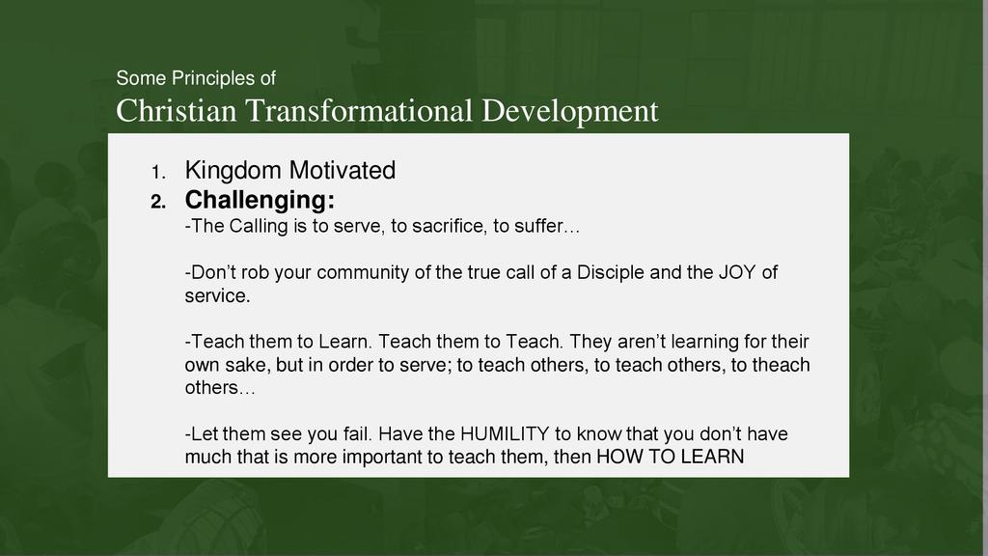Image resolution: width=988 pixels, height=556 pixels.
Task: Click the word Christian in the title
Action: [177, 111]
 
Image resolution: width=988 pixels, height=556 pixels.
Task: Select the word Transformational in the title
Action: [359, 111]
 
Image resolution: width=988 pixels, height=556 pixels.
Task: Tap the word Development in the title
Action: [570, 112]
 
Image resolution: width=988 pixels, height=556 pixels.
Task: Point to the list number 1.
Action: [159, 172]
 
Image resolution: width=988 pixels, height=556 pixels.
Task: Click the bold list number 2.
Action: [159, 202]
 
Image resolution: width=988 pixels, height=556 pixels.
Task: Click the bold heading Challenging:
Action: [260, 201]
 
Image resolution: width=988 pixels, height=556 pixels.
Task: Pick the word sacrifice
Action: [450, 226]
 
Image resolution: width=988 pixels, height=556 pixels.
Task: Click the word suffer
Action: [538, 226]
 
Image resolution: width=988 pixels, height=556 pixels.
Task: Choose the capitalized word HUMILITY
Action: [506, 434]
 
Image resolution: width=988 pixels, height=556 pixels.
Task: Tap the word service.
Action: [217, 295]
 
